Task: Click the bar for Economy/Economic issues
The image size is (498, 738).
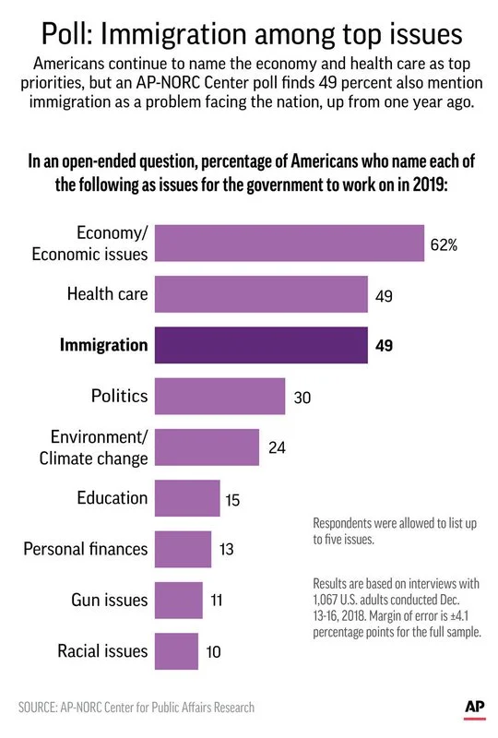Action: coord(289,244)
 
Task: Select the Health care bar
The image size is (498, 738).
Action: coord(261,295)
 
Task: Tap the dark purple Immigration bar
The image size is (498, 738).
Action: coord(261,346)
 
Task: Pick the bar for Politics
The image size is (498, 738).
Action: coord(219,396)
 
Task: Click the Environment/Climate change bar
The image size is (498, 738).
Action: coord(207,446)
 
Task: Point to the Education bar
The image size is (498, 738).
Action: coord(187,498)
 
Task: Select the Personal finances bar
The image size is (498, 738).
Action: coord(183,549)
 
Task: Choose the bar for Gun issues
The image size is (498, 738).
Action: coord(178,601)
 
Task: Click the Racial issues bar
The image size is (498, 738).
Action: coord(176,651)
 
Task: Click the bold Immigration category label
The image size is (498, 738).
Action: coord(103,346)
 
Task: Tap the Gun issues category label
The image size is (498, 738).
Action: coord(109,601)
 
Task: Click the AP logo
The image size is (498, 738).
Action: coord(474,706)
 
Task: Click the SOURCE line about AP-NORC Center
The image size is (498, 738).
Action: coord(136,708)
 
